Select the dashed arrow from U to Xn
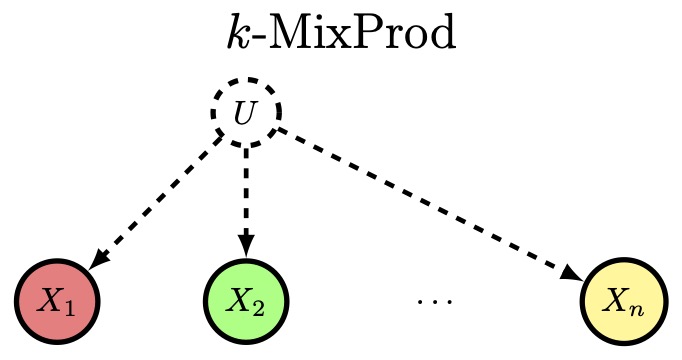[430, 204]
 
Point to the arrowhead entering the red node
[99, 259]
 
